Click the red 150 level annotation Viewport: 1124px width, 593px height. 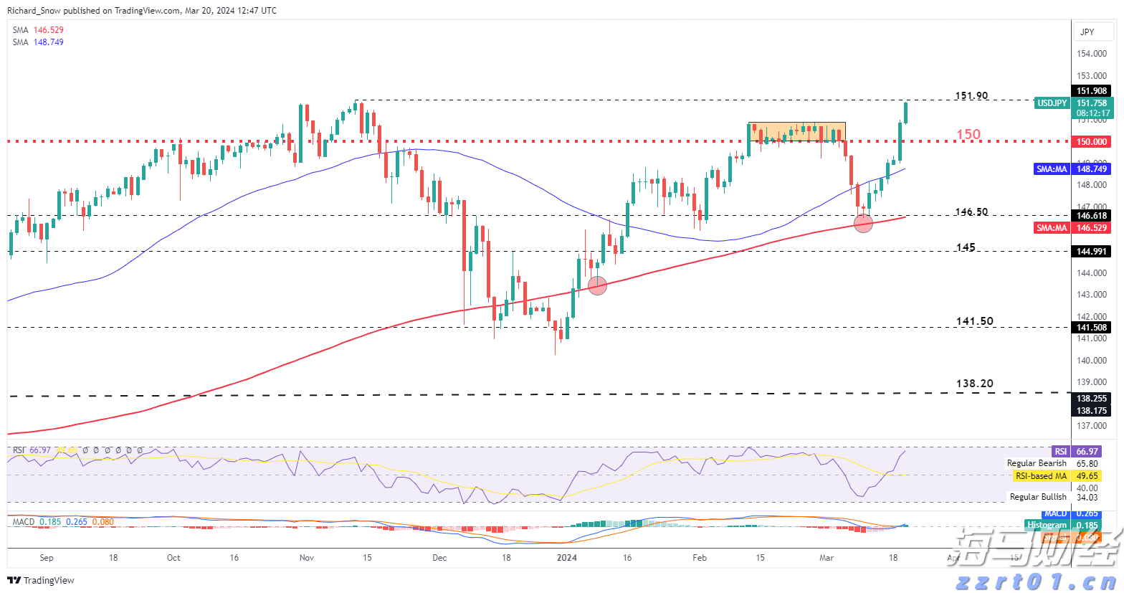coord(968,134)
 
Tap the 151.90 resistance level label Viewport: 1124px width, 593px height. coord(971,96)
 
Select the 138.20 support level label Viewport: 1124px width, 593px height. coord(974,384)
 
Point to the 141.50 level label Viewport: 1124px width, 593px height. coord(974,321)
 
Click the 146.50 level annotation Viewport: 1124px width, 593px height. coord(971,212)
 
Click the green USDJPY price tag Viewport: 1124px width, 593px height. coord(1052,103)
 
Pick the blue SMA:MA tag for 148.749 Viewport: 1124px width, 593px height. coord(1052,169)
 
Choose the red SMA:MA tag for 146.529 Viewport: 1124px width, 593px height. coord(1052,228)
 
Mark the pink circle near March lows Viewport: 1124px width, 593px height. coord(863,223)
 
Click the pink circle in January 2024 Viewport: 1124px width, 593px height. coord(597,285)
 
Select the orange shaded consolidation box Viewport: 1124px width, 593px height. coord(796,132)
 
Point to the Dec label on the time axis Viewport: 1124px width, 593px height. coord(439,558)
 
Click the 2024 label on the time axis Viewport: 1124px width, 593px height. coord(566,558)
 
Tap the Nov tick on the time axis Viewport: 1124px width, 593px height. coord(307,558)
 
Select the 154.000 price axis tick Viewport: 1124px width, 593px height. coord(1091,54)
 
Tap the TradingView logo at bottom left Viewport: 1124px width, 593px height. coord(41,580)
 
